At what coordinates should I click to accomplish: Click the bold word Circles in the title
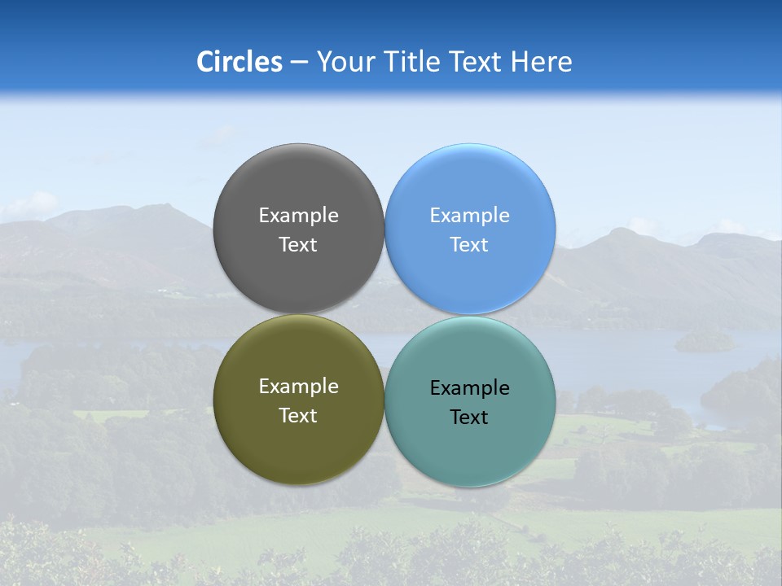(x=239, y=62)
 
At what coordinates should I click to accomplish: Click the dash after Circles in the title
(x=299, y=63)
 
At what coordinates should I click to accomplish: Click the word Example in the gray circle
(x=298, y=215)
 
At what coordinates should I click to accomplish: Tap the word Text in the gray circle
(x=298, y=244)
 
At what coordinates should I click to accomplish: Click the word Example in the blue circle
(x=469, y=215)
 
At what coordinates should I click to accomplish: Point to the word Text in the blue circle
(x=469, y=244)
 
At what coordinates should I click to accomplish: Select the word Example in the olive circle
(x=298, y=386)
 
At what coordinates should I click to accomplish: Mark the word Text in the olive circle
(x=298, y=415)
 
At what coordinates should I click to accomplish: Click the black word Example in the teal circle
(x=469, y=387)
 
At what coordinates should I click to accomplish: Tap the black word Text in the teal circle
(x=469, y=417)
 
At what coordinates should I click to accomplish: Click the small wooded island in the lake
(x=705, y=341)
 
